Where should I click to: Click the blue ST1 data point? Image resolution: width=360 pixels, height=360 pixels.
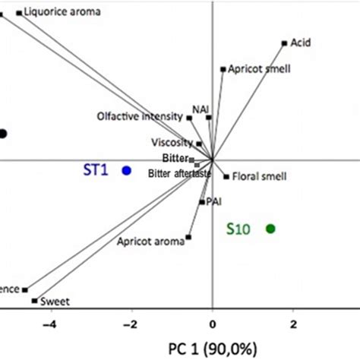point(127,171)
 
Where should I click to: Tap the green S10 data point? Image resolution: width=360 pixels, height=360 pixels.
point(270,229)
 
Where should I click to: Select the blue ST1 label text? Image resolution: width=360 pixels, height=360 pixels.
point(97,171)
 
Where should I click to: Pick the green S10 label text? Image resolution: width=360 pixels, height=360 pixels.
point(240,229)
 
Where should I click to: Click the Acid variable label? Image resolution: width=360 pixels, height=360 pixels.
point(301,43)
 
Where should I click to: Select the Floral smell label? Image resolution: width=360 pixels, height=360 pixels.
point(259,177)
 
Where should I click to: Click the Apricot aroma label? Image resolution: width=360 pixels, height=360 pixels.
point(151,242)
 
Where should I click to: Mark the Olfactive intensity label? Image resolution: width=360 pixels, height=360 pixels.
point(141,116)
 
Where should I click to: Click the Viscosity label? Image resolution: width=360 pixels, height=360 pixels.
point(172,143)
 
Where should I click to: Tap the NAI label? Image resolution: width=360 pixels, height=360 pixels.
point(201,109)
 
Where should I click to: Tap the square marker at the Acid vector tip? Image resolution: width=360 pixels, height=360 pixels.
point(284,43)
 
